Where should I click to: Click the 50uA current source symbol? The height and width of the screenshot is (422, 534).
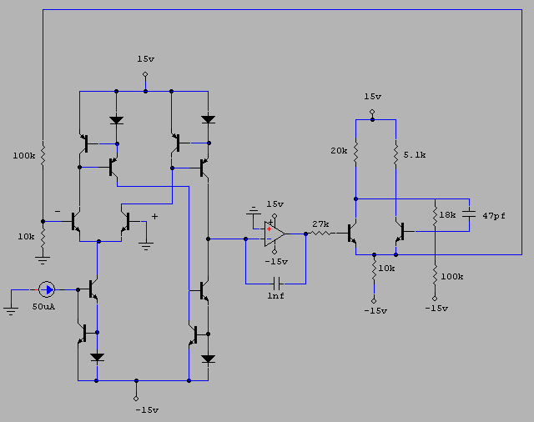(48, 289)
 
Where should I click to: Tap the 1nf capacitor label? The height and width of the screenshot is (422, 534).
(275, 296)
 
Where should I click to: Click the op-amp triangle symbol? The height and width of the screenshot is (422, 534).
(275, 233)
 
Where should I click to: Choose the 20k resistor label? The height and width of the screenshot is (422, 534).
(340, 150)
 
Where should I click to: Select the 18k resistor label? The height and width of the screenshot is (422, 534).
(448, 215)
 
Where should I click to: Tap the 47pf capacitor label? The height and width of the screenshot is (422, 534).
(494, 216)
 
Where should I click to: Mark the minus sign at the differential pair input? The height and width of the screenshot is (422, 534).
(57, 212)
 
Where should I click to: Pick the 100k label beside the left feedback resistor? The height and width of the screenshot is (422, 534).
(24, 155)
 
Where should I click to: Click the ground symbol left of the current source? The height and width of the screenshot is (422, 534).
(11, 309)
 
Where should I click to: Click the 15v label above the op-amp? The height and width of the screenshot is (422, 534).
(275, 203)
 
